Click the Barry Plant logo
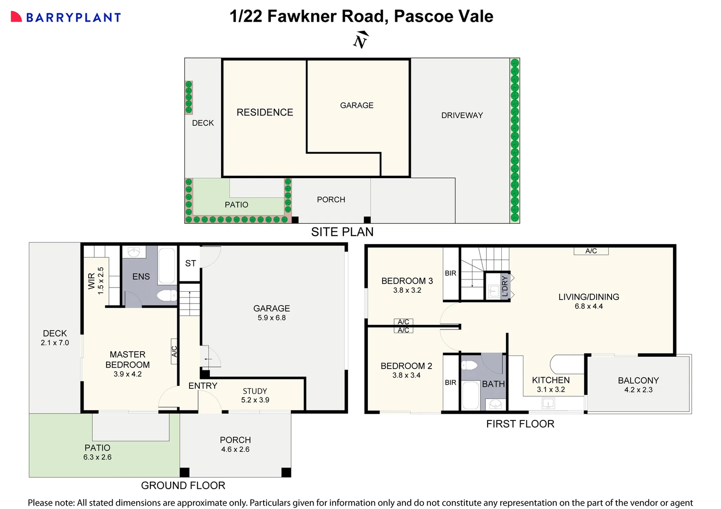pos(66,17)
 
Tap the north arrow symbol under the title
pos(361,41)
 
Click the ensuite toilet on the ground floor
pos(166,296)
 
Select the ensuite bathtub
pos(166,265)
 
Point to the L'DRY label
pos(505,286)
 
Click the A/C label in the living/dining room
pos(591,251)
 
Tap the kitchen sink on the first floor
pos(548,403)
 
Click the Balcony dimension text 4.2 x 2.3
pos(638,390)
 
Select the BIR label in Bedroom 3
pos(450,273)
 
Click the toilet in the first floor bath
pos(469,365)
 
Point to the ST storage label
pos(191,263)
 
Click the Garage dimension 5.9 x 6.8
pos(272,318)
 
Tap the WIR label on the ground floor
pos(91,281)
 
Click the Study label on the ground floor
pos(255,391)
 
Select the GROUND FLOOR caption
pos(183,485)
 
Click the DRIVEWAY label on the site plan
pos(462,115)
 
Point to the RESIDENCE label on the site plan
pos(265,112)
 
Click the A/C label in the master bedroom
pos(174,352)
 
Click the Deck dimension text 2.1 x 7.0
pos(55,343)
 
